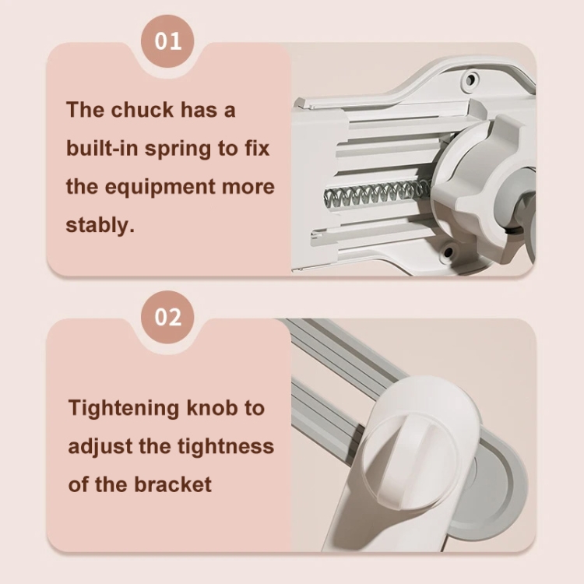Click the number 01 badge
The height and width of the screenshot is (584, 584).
coord(167,41)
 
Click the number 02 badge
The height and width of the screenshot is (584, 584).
coord(167,317)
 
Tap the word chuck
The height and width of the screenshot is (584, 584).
coord(142,110)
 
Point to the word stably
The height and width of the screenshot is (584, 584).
coord(100,225)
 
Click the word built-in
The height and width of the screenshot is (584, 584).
coord(102,148)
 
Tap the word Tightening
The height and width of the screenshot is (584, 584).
coord(124,409)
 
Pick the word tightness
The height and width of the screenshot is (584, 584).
coord(226,446)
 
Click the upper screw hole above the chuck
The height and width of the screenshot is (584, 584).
coord(471,79)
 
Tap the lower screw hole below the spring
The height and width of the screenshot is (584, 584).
coord(448,253)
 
